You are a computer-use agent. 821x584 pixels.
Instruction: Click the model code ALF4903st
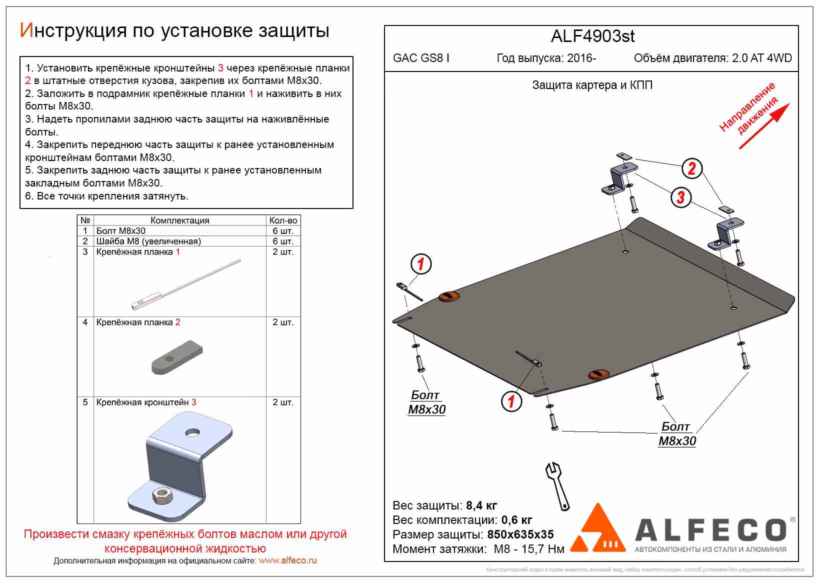[592, 36]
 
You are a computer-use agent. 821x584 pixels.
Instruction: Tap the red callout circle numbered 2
[691, 168]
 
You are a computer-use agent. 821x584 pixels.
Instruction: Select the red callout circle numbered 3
[680, 196]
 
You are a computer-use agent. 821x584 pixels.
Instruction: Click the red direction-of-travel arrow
[763, 126]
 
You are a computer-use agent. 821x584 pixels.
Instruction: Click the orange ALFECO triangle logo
[598, 530]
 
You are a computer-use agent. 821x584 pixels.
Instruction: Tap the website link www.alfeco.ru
[287, 561]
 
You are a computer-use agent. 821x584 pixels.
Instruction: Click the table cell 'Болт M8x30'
[121, 231]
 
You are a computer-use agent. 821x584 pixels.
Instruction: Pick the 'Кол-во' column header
[283, 220]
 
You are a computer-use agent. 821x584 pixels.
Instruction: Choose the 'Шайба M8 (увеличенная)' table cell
[148, 241]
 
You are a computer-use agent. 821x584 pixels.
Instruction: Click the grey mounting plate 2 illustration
[177, 357]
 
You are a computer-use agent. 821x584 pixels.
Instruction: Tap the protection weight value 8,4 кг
[481, 505]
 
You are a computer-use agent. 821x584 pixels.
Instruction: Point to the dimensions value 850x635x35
[520, 534]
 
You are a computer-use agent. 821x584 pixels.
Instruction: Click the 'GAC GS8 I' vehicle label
[421, 58]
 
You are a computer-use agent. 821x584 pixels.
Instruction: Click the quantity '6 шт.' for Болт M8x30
[283, 231]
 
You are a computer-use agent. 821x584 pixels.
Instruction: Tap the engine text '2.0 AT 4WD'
[761, 58]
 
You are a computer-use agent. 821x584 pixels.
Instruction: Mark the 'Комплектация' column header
[179, 220]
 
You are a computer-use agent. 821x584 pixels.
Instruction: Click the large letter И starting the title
[26, 31]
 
